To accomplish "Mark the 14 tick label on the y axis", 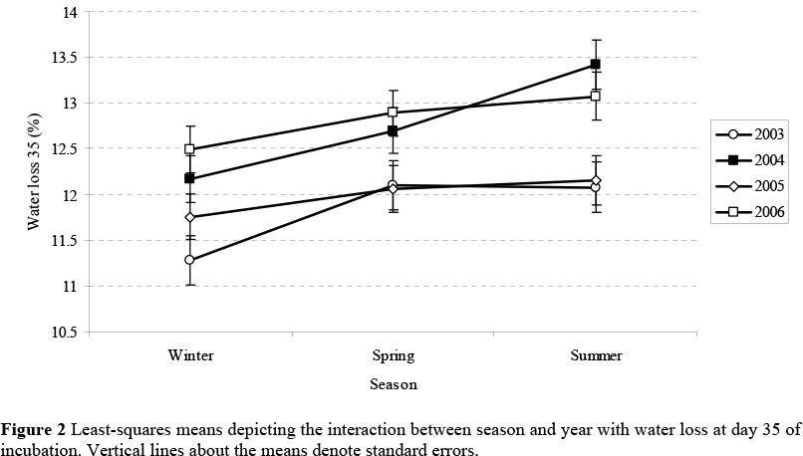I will (x=72, y=12).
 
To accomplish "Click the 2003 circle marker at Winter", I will (x=189, y=260).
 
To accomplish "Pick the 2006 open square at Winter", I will (x=189, y=149).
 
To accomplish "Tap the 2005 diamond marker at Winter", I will (x=189, y=217).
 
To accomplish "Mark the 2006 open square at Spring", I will (x=393, y=113).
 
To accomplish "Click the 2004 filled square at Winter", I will (x=189, y=178).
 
